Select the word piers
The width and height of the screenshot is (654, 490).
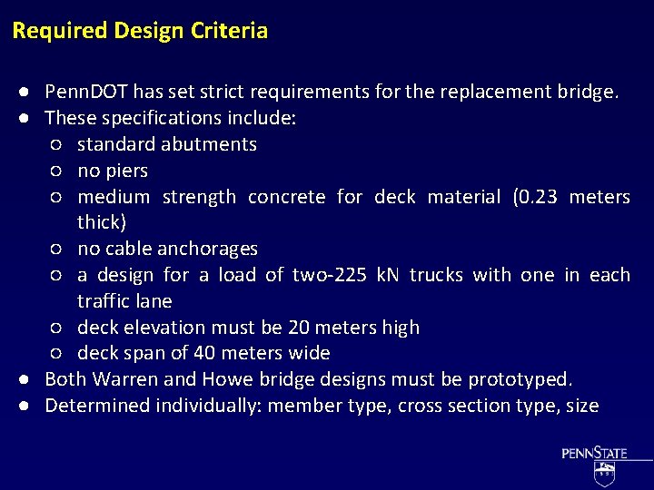tap(125, 171)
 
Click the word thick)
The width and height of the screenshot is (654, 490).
tap(102, 222)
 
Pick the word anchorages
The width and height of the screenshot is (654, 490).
tap(207, 249)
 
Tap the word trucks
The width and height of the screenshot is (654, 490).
tap(439, 275)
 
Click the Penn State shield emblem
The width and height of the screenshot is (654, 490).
tap(604, 471)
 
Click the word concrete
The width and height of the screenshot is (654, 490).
tap(286, 197)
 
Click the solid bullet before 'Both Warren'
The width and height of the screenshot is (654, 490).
tap(30, 379)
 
